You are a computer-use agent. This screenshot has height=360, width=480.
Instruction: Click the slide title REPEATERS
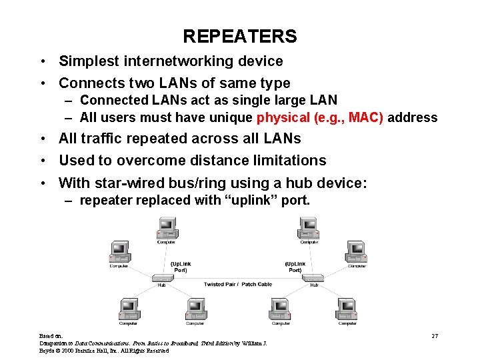(x=240, y=35)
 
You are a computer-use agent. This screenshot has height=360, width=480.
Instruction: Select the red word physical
(x=284, y=118)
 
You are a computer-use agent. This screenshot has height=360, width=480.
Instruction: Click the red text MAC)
(x=365, y=118)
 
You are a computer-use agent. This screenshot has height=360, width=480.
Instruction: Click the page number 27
(x=435, y=335)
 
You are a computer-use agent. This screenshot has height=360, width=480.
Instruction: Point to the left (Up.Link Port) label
(x=180, y=267)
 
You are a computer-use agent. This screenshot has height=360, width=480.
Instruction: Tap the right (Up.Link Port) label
(x=295, y=267)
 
